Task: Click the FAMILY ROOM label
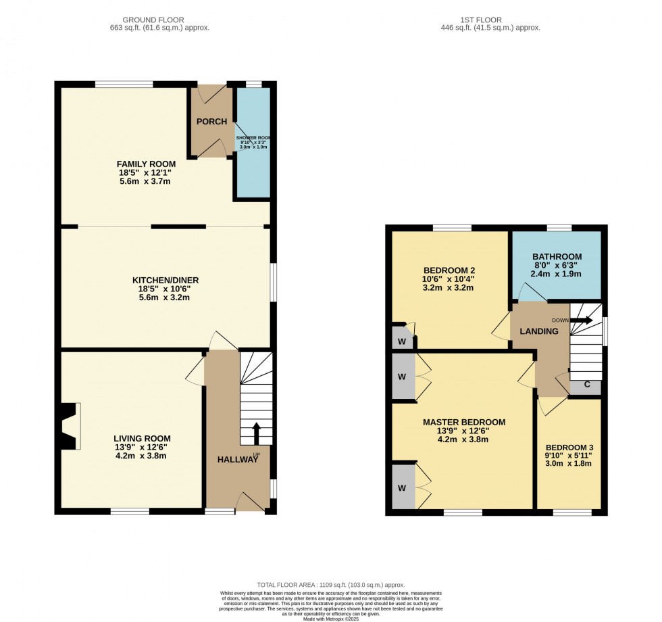146,164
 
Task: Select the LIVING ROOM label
142,437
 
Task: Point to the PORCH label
211,122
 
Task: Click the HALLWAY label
237,460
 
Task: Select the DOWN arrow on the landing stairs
580,320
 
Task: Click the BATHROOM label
557,256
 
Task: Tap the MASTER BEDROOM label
463,422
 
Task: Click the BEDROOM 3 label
569,447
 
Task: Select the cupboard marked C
586,385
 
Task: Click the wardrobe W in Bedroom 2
401,341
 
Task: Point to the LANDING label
538,331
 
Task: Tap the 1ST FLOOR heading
490,20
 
